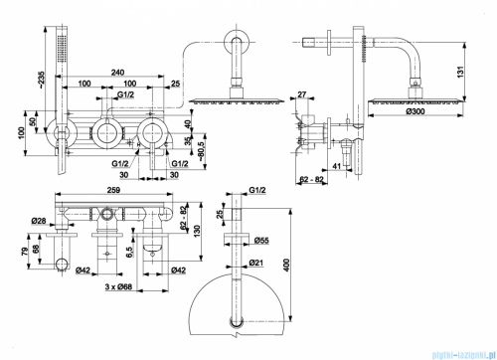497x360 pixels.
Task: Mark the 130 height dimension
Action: pyautogui.click(x=199, y=230)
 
